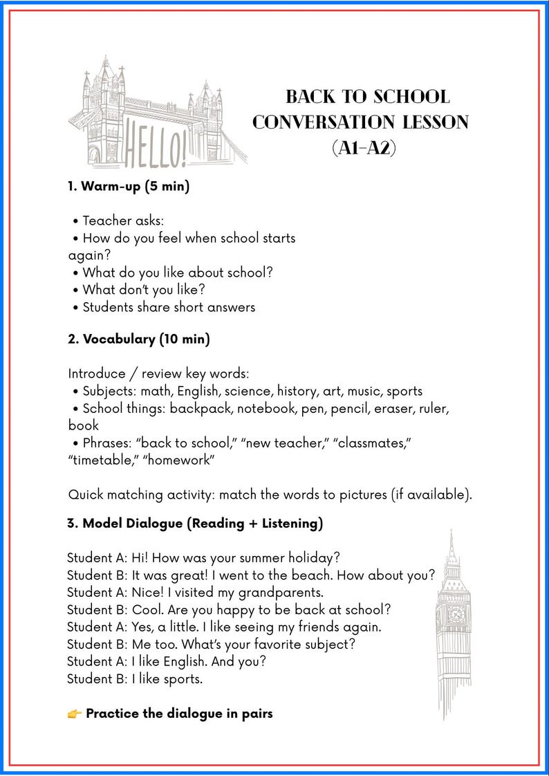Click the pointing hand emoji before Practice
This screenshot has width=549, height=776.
pos(75,713)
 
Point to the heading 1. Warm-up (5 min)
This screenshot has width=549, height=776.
pos(129,186)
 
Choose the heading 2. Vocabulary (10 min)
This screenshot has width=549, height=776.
pos(138,339)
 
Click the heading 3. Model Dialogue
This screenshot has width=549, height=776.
pos(195,524)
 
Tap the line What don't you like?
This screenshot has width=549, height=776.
pos(144,289)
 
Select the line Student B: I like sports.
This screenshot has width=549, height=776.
pos(135,678)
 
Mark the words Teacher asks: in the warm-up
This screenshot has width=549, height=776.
pos(123,221)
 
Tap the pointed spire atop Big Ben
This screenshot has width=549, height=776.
pos(451,543)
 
